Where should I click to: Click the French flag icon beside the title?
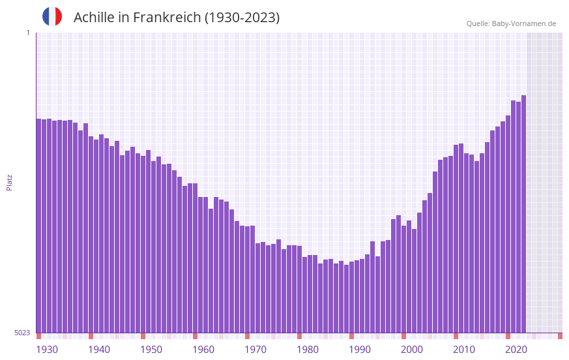pos(52,16)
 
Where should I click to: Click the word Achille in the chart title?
pos(95,18)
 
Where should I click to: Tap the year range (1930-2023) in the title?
pos(242,18)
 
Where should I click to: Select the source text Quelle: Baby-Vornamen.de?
pos(511,23)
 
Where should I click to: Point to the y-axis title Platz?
pos(9,182)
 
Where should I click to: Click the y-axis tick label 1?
pos(27,33)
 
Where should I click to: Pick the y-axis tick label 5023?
pos(22,333)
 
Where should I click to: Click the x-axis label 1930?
pos(47,350)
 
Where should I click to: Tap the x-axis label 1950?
pos(151,350)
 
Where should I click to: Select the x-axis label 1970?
pos(255,350)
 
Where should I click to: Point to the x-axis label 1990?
pos(360,350)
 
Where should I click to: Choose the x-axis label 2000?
pos(412,350)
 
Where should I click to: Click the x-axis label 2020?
pos(516,350)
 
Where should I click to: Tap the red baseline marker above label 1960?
pos(195,336)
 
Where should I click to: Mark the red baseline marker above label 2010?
pos(456,336)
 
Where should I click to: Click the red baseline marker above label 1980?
pos(299,336)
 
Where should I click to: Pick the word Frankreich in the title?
pos(167,18)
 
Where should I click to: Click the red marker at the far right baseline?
pos(560,336)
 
